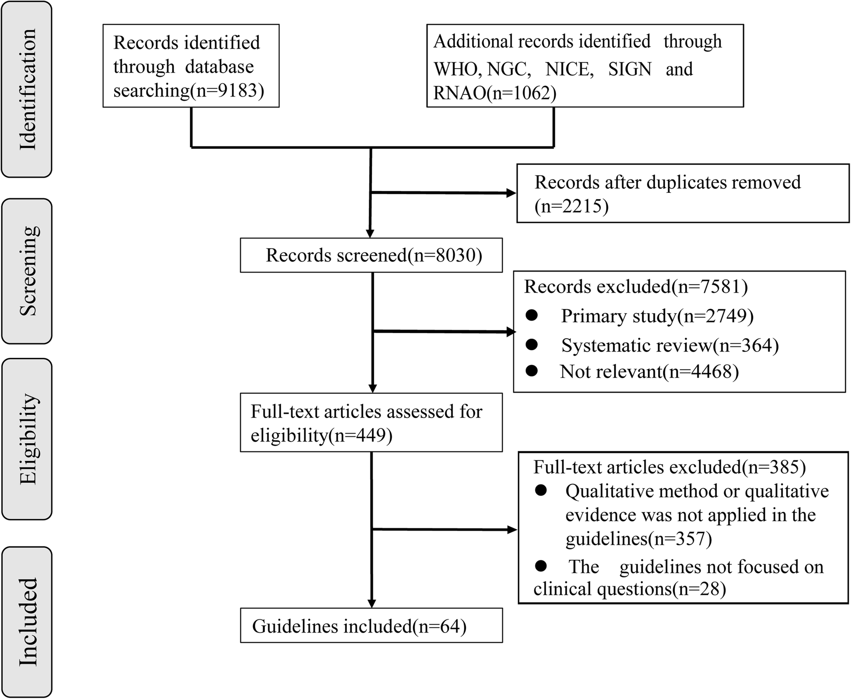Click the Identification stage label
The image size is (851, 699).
[27, 90]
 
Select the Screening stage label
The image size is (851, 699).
[28, 271]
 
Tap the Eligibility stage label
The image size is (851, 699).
[28, 439]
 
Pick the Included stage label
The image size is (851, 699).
[28, 622]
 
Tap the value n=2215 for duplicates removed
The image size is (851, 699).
[572, 206]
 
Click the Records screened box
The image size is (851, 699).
[371, 255]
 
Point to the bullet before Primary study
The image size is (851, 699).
[532, 315]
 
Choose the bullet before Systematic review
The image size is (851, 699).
[532, 345]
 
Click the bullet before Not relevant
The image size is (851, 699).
[532, 371]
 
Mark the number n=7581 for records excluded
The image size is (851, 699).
[710, 287]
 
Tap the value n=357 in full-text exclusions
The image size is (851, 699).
[680, 538]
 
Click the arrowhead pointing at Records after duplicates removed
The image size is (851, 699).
[511, 193]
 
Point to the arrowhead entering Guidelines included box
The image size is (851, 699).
[372, 602]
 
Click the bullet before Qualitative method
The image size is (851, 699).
[541, 491]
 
